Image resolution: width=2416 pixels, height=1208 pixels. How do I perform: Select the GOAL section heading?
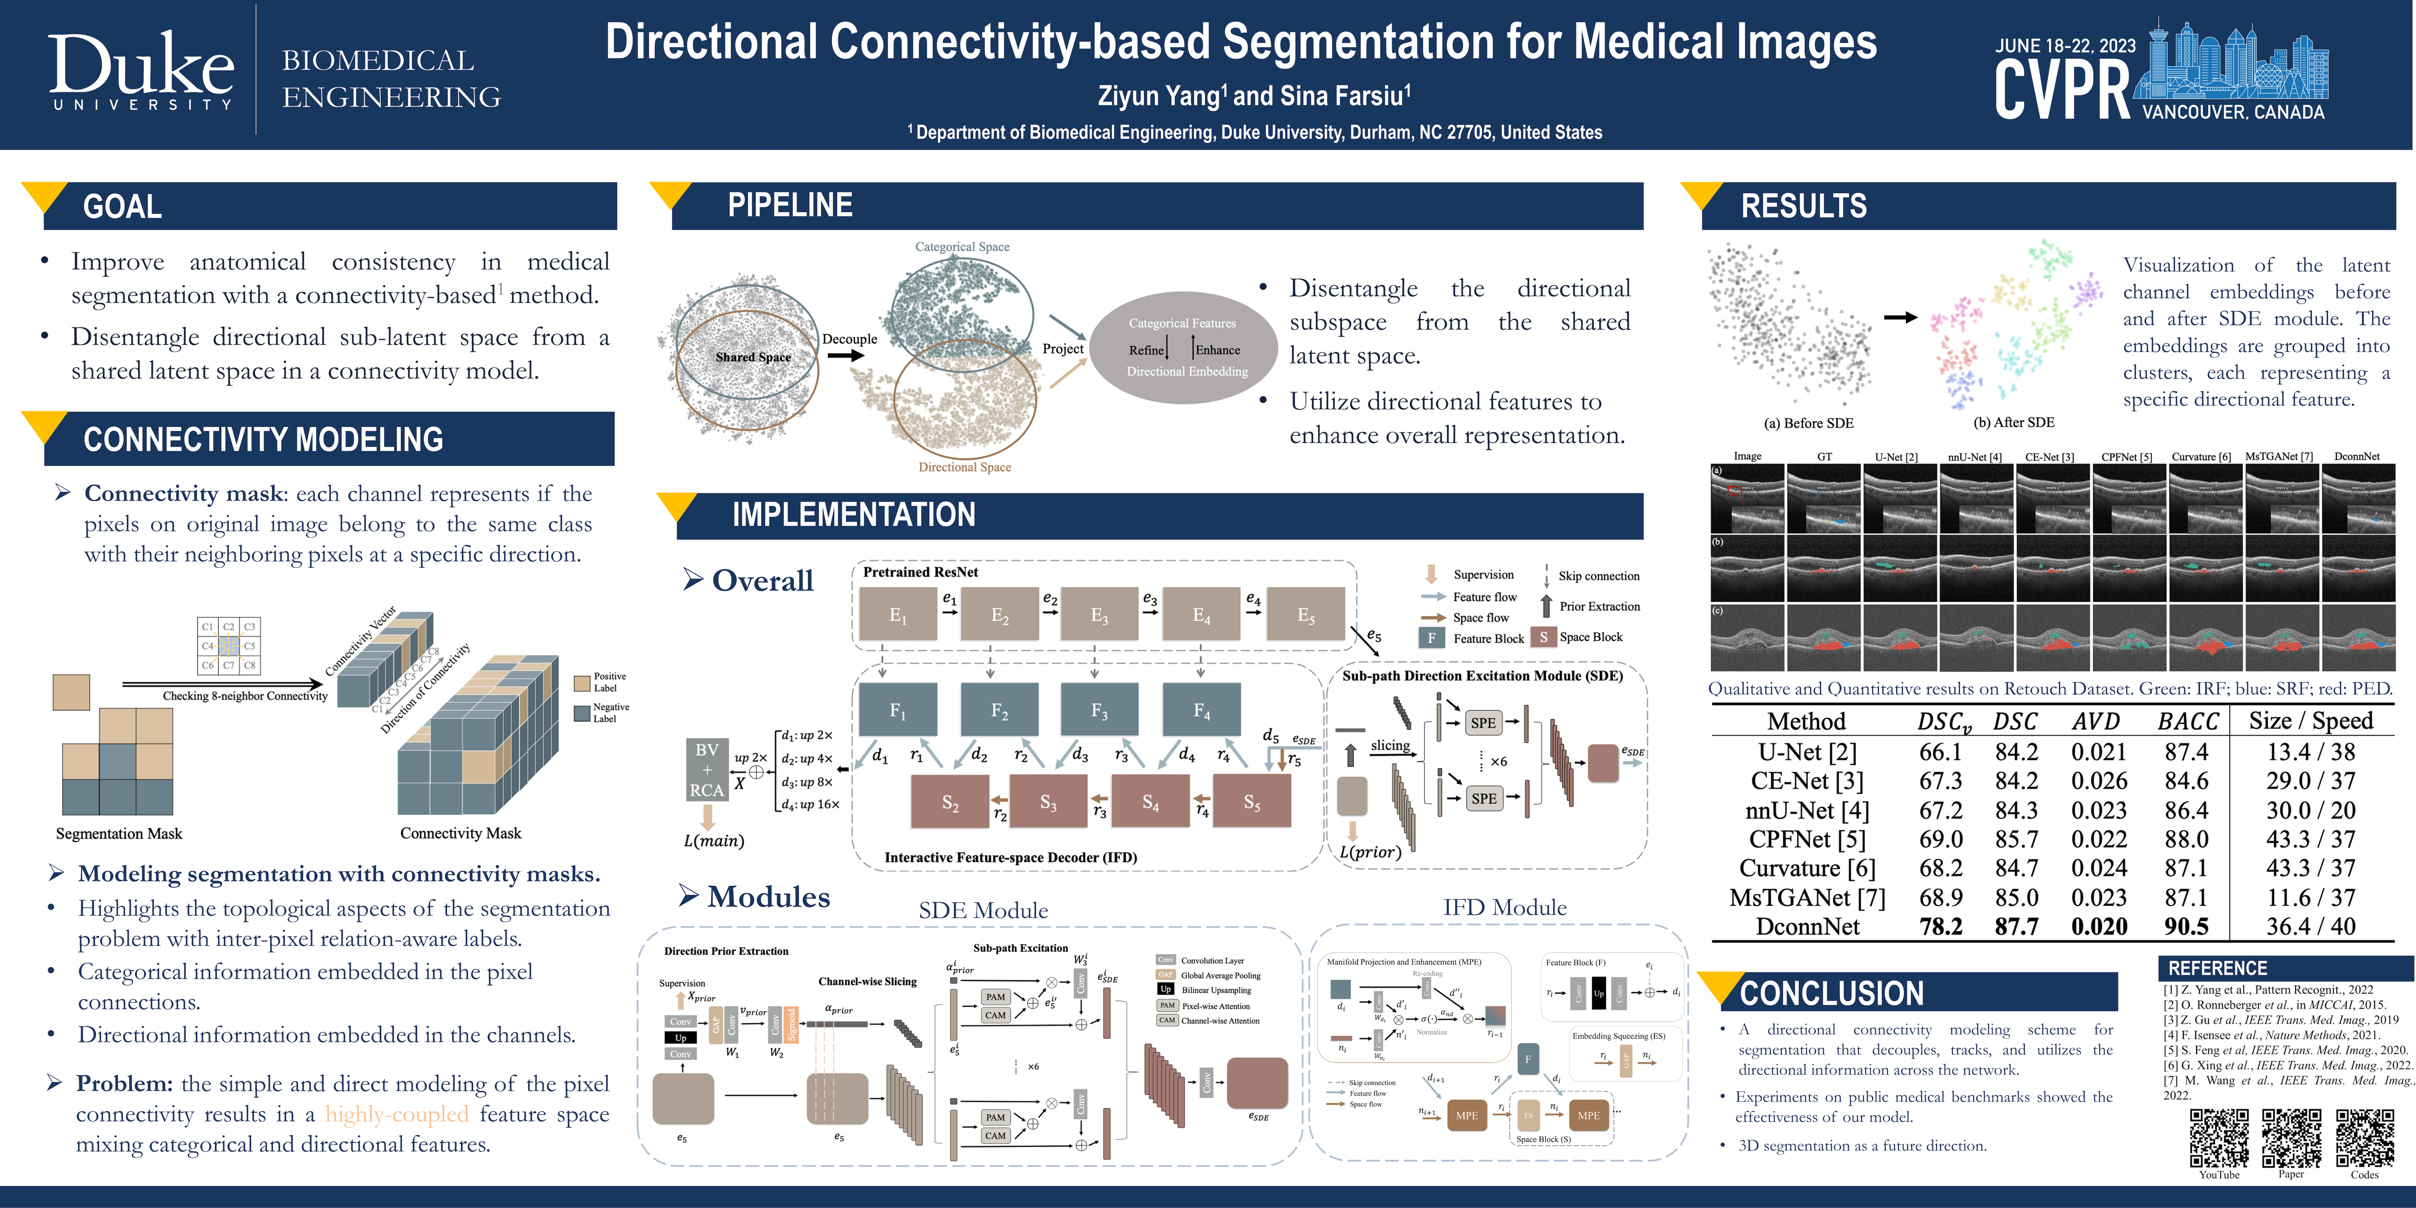pos(123,206)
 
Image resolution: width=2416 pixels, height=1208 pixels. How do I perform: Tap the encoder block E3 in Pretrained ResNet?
pos(1099,615)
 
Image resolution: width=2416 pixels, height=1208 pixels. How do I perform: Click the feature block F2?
pos(1000,710)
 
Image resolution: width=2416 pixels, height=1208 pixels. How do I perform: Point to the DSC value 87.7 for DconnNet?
pos(2016,927)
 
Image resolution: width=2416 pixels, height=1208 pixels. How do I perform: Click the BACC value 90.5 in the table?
pos(2186,927)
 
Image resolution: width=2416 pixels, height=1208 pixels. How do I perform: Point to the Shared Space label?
pos(753,357)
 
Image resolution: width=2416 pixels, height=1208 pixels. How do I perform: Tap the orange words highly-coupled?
pos(397,1114)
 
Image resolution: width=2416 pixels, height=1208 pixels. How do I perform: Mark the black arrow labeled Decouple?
pos(846,355)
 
